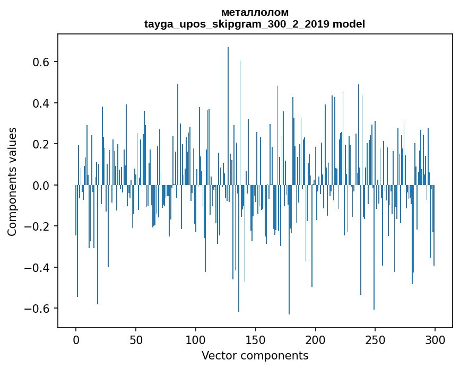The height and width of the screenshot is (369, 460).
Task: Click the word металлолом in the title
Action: (255, 12)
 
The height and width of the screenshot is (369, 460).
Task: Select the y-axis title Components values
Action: (12, 181)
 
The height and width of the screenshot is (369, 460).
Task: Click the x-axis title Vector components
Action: (255, 355)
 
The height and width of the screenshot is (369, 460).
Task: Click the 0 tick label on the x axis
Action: (76, 339)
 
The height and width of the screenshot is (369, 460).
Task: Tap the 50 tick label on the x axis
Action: (136, 339)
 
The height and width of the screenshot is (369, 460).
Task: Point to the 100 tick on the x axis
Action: (196, 339)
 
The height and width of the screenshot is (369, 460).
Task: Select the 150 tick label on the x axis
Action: (256, 339)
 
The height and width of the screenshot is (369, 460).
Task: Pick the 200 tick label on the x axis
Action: (316, 339)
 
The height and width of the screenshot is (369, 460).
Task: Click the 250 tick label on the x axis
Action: (376, 339)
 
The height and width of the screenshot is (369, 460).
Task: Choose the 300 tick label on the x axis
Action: (435, 339)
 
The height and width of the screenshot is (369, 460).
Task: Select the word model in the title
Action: (349, 24)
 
